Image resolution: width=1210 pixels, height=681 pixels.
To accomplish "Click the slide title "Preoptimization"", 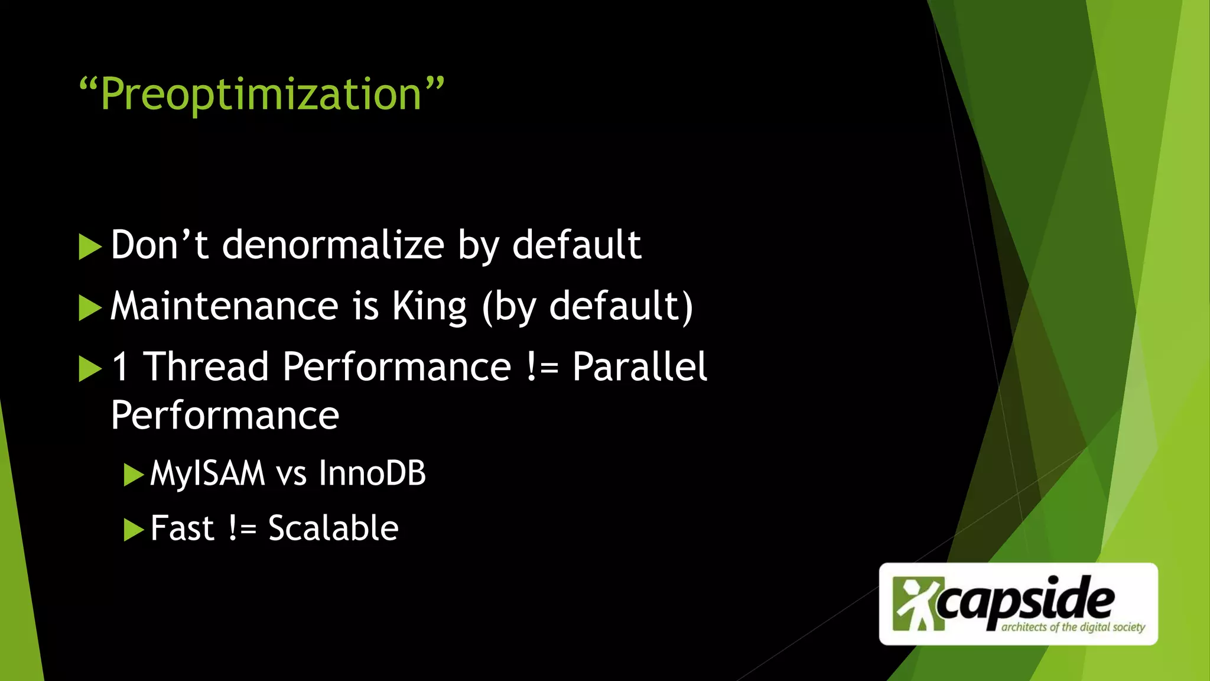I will pyautogui.click(x=261, y=95).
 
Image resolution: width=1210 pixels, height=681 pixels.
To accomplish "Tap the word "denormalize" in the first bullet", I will pyautogui.click(x=333, y=245).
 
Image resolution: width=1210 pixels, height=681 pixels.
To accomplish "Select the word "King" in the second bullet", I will pyautogui.click(x=430, y=306).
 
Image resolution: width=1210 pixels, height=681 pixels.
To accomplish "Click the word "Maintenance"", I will pyautogui.click(x=225, y=306).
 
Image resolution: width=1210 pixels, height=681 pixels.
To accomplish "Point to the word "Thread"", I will pyautogui.click(x=206, y=367).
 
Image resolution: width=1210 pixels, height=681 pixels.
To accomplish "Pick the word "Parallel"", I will pyautogui.click(x=639, y=367).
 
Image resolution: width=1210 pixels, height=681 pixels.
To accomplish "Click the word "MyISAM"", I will pyautogui.click(x=207, y=474).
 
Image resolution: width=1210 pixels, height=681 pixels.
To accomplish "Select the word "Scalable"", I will pyautogui.click(x=333, y=528).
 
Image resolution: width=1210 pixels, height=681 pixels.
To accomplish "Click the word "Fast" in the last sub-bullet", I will pyautogui.click(x=181, y=528).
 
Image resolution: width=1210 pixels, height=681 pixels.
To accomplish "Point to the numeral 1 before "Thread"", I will pyautogui.click(x=120, y=367).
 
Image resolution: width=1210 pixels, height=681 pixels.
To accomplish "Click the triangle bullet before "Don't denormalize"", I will pyautogui.click(x=90, y=247).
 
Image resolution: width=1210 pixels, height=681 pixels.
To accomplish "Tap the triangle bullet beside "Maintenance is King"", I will pyautogui.click(x=90, y=308).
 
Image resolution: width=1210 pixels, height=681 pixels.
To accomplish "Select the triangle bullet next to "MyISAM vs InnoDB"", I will pyautogui.click(x=134, y=475).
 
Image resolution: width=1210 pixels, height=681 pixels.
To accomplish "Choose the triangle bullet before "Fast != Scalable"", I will pyautogui.click(x=134, y=530).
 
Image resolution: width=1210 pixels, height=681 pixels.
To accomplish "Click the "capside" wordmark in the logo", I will pyautogui.click(x=1025, y=601).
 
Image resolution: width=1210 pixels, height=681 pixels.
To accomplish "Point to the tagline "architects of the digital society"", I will pyautogui.click(x=1073, y=627).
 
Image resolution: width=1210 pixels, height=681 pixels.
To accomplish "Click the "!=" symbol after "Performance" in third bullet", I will pyautogui.click(x=541, y=367).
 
